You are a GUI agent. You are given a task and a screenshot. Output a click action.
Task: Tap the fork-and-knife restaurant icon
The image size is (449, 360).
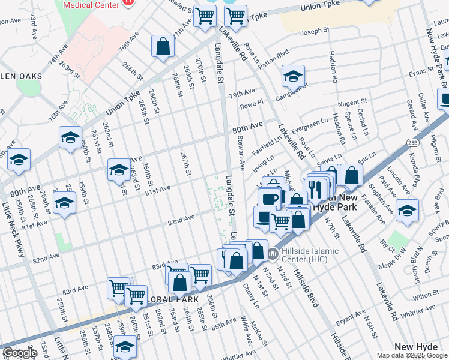pos(315,188)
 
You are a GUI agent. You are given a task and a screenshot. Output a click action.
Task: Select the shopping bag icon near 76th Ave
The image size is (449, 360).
pos(163,46)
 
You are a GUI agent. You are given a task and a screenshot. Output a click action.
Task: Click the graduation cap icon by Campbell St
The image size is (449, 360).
pos(294,76)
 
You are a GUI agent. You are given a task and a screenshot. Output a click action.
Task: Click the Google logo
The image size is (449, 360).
pos(20,353)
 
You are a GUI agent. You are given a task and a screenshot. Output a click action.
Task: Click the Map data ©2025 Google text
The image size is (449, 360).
pos(412,355)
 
